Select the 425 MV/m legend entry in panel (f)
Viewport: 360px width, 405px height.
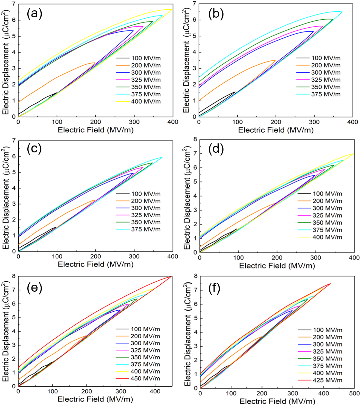[x=327, y=380]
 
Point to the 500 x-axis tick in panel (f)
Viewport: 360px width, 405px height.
[x=354, y=393]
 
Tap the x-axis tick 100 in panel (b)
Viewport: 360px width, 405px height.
[x=237, y=122]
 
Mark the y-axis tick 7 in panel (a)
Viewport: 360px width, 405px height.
[x=13, y=4]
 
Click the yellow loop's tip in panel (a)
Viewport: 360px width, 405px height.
[x=172, y=9]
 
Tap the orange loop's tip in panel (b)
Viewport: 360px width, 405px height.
[x=275, y=60]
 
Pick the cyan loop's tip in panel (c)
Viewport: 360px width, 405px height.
[x=162, y=157]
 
